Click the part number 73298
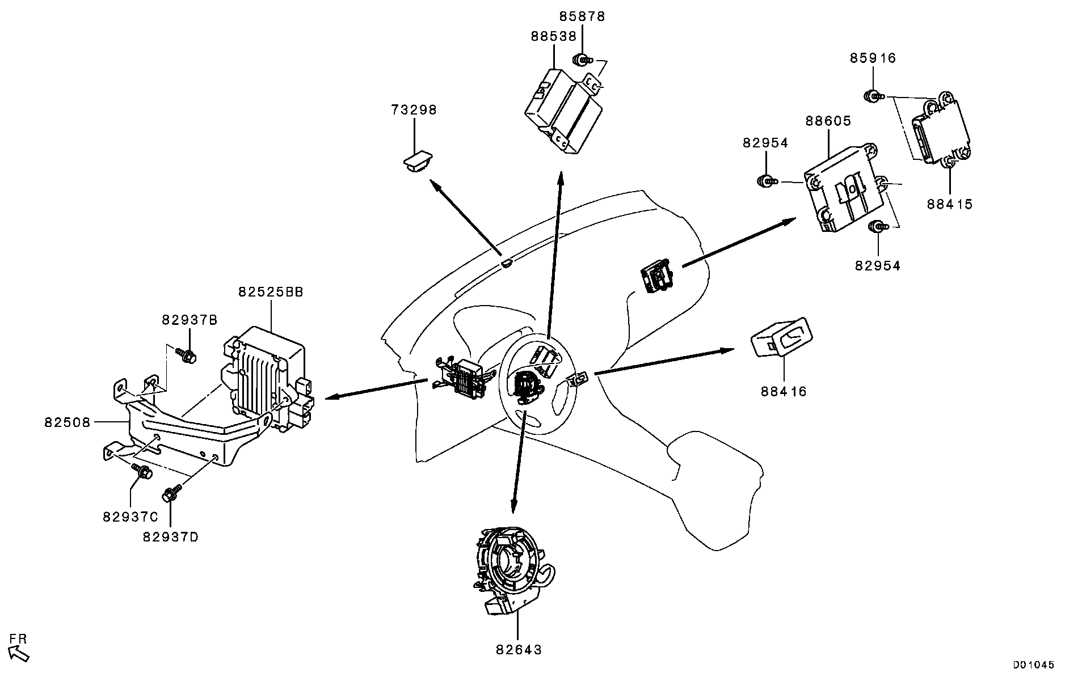pos(414,110)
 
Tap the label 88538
pos(553,36)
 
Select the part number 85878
pos(582,17)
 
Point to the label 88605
pos(828,121)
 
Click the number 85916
pos(873,58)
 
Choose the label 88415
pos(950,204)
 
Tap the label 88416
pos(784,392)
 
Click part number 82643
pos(519,650)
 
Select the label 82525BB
pos(271,292)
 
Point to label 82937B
pos(190,320)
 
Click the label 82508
pos(67,422)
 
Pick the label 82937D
pos(170,537)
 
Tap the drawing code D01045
pos(1034,664)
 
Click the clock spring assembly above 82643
pos(508,570)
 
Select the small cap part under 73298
pos(415,161)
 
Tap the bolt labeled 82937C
pos(141,470)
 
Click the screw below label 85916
pos(873,96)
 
